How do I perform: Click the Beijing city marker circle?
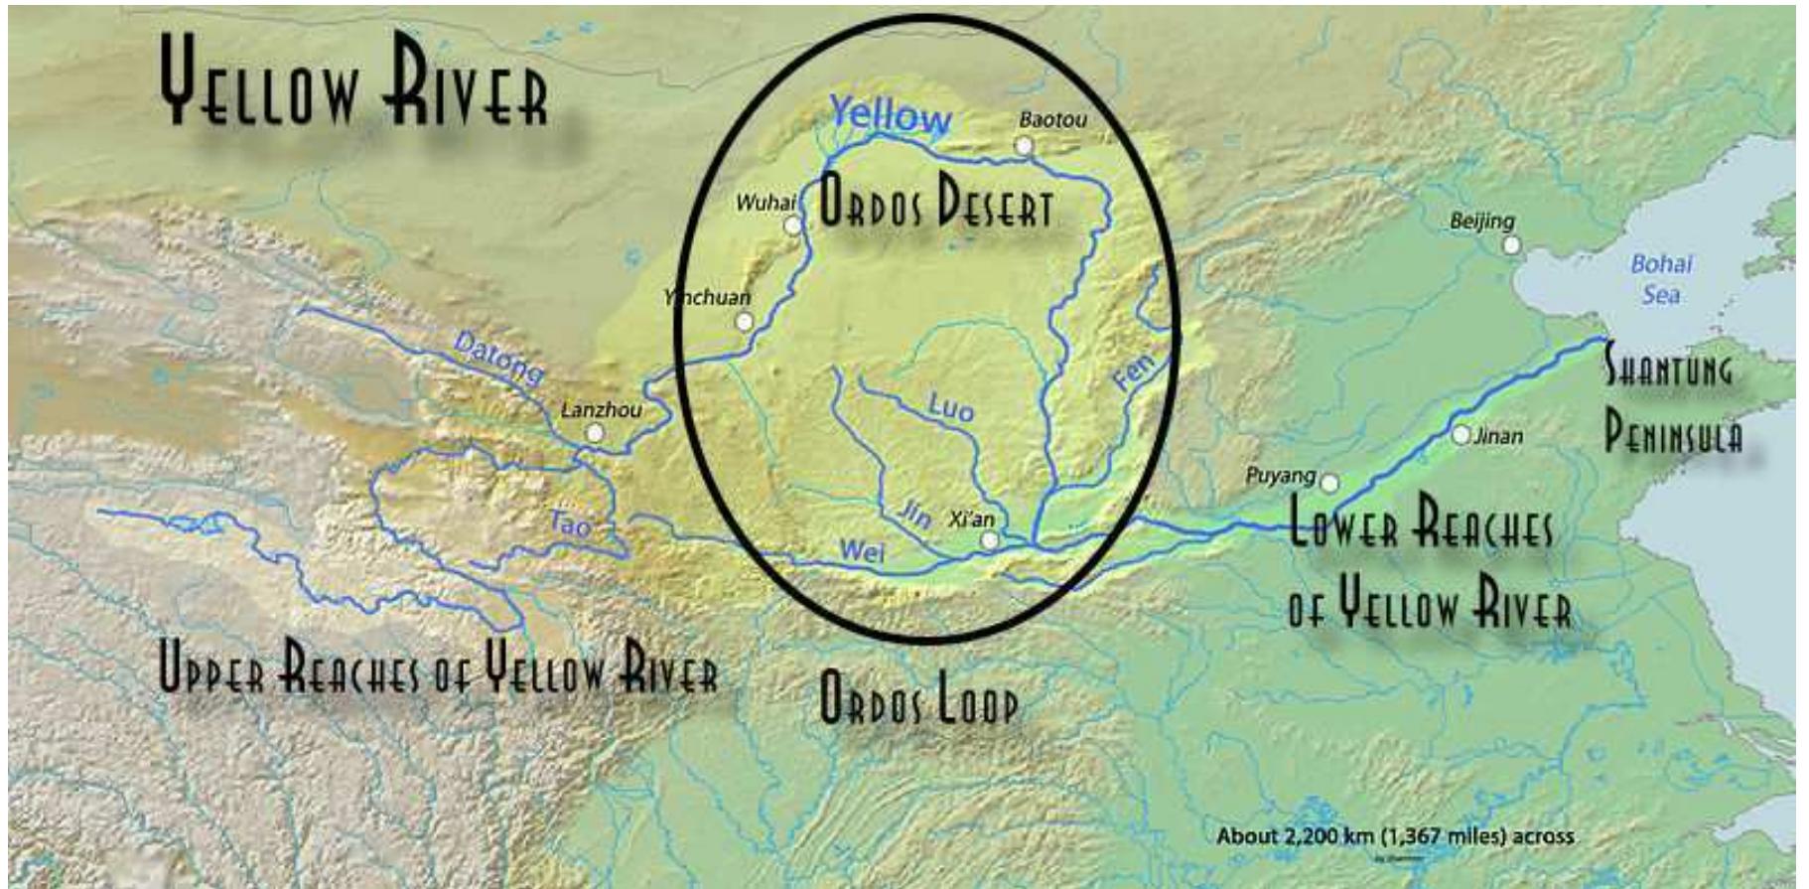[1510, 244]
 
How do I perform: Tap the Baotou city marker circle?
[1024, 146]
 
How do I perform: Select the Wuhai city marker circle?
[792, 225]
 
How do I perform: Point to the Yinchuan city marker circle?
[744, 321]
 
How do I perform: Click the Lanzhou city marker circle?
[595, 433]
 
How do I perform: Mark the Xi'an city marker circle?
[989, 539]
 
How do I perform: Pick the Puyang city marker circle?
[1329, 483]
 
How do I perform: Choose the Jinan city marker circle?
[1461, 435]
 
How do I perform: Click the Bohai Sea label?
[1661, 279]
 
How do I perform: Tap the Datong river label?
[498, 358]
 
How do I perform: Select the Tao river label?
[570, 523]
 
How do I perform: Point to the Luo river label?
[950, 405]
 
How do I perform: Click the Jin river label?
[914, 513]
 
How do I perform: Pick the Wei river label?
[861, 550]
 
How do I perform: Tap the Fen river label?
[1134, 372]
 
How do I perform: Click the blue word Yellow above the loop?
[890, 115]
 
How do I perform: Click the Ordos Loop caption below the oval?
[918, 700]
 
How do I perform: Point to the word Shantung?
[1669, 369]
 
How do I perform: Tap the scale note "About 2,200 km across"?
[1395, 836]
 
